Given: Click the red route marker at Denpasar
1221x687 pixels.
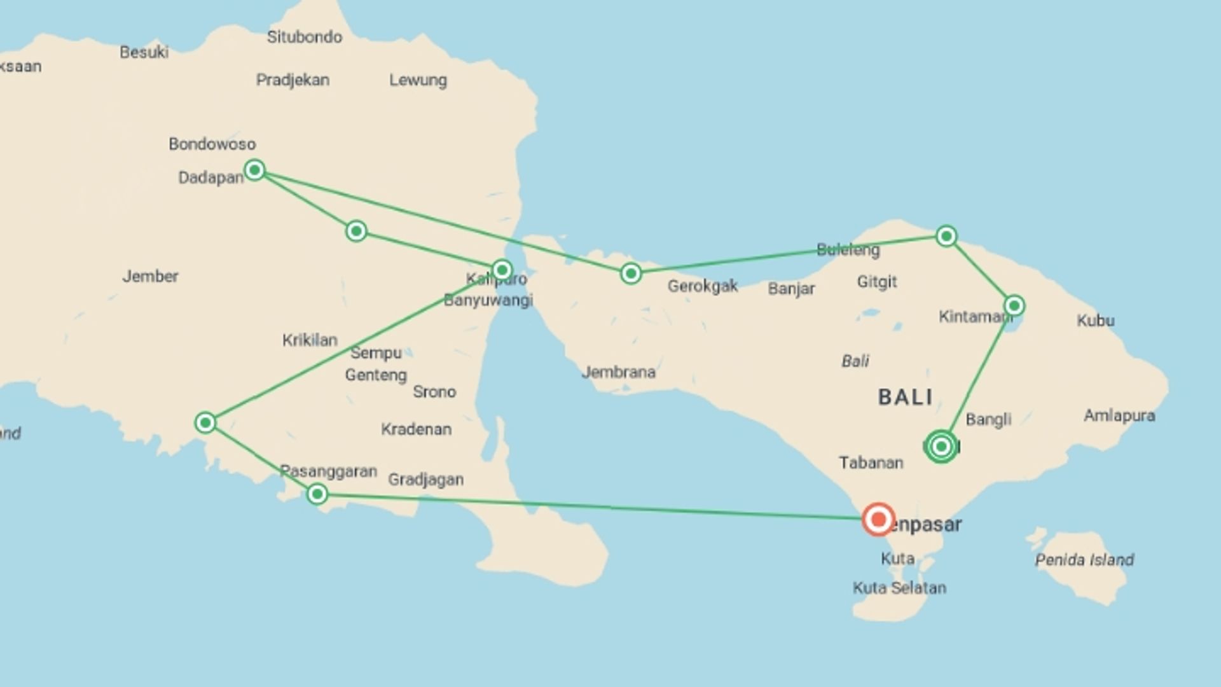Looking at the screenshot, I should (x=878, y=519).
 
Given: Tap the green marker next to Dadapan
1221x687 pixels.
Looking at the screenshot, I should (x=254, y=170).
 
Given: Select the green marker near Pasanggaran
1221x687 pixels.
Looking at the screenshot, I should (x=317, y=494).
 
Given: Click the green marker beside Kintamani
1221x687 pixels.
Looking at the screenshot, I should (x=1014, y=306).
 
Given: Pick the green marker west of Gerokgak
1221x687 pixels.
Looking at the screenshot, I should (x=631, y=274).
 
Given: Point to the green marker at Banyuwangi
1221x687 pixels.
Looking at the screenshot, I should (x=502, y=270).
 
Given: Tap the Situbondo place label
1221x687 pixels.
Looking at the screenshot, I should (x=304, y=37).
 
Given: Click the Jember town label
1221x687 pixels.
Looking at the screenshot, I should (x=150, y=276).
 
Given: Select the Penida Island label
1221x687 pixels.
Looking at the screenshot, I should (x=1084, y=560).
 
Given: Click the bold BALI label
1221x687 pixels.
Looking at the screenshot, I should (x=906, y=398).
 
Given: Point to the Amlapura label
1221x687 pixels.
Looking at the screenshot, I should (x=1119, y=416).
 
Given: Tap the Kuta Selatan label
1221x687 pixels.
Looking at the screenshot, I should (x=899, y=588).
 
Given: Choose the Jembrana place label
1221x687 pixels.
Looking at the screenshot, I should (x=618, y=372).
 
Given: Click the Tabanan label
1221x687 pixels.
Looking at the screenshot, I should (x=871, y=462).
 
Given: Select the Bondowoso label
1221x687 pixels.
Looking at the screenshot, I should (x=212, y=144).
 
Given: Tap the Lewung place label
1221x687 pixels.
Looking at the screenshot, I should (x=418, y=80).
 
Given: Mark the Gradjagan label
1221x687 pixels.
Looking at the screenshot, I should (x=425, y=480).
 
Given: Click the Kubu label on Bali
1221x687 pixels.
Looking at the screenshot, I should (x=1095, y=320).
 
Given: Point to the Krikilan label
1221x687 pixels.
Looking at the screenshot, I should (x=310, y=340).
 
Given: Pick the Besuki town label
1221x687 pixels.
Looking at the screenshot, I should (x=144, y=52).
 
